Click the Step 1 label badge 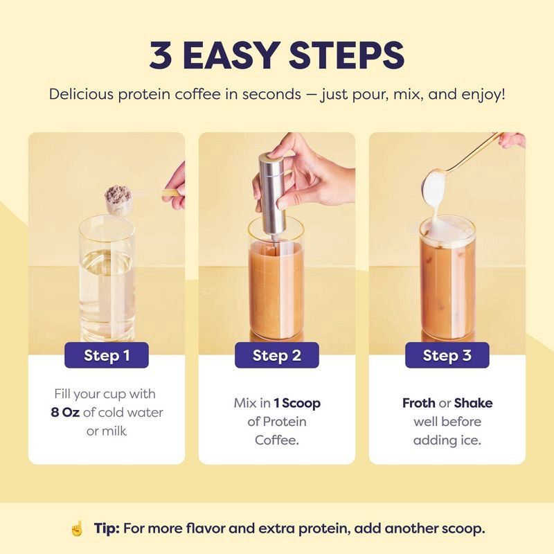point(107,356)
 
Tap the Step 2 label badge point(276,356)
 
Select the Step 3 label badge point(447,356)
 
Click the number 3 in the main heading point(163,56)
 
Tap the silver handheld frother point(271,184)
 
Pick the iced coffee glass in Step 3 point(447,284)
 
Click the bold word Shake point(473,403)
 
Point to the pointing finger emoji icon point(77,528)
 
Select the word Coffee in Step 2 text point(276,440)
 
